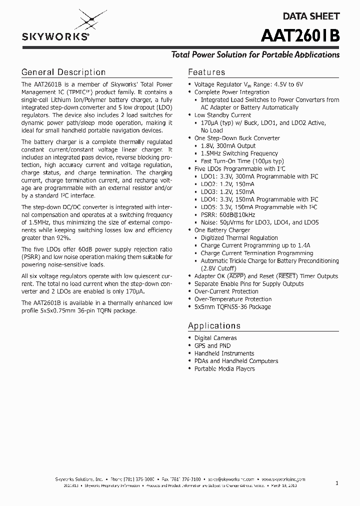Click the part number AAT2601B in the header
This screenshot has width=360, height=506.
coord(300,36)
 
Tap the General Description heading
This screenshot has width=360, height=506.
coord(63,72)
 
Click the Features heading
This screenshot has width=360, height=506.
coord(206,72)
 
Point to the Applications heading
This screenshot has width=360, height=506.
coord(214,325)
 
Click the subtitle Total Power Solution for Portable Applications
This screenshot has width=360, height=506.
coord(255,54)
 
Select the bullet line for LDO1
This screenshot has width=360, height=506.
coord(259,176)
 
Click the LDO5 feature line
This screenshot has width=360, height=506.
coord(259,207)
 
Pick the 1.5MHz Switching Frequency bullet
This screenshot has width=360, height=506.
coord(239,153)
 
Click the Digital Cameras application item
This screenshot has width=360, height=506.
coord(215,338)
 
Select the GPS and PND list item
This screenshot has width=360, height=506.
coord(212,345)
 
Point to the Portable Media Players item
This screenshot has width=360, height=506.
coord(224,368)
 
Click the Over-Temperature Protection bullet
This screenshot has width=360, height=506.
coord(233,299)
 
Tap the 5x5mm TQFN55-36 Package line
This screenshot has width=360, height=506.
coord(232,306)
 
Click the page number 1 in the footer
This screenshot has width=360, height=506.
coord(337,483)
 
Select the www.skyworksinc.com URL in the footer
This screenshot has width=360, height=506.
coord(284,478)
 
